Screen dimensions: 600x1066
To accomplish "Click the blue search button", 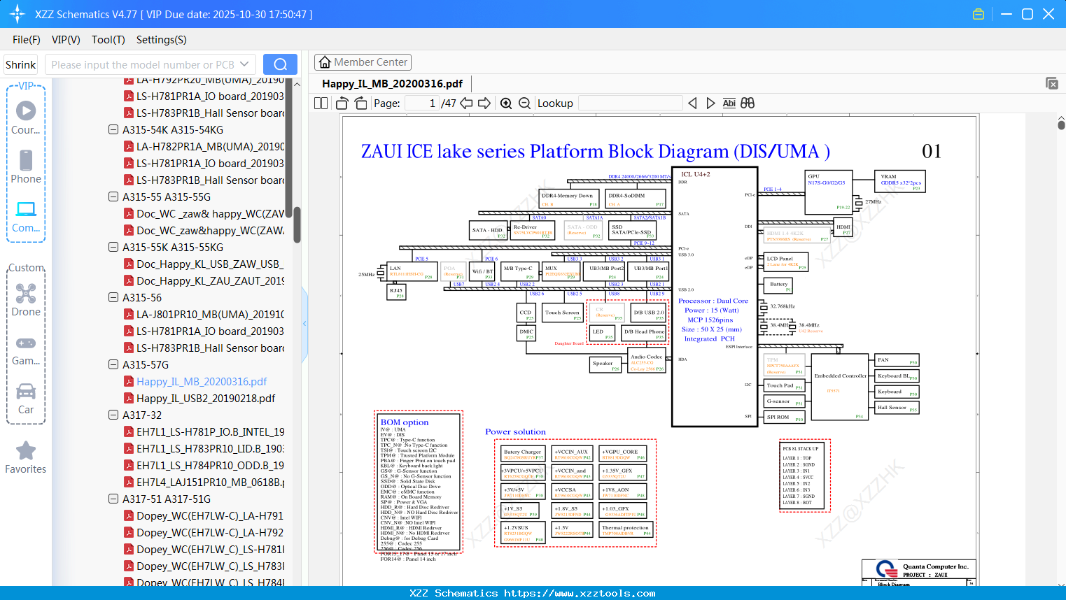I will pyautogui.click(x=280, y=64).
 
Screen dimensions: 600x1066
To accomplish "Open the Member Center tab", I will pyautogui.click(x=363, y=62).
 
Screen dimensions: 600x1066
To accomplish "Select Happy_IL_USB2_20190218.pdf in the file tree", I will pyautogui.click(x=205, y=398).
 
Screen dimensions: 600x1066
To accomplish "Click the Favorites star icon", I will pyautogui.click(x=26, y=451).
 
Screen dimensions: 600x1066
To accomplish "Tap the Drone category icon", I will pyautogui.click(x=26, y=294).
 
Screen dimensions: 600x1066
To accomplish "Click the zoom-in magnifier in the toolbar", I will pyautogui.click(x=506, y=103).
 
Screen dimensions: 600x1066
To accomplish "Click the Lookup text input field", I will pyautogui.click(x=630, y=103).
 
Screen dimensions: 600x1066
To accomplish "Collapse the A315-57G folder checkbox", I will pyautogui.click(x=113, y=364).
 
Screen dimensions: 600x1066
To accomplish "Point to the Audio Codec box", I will pyautogui.click(x=646, y=362).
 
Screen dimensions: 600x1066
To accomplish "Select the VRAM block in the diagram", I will pyautogui.click(x=900, y=181).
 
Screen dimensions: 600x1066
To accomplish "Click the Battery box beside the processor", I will pyautogui.click(x=779, y=285).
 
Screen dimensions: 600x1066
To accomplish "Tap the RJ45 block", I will pyautogui.click(x=397, y=292).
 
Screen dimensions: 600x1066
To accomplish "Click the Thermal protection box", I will pyautogui.click(x=626, y=530).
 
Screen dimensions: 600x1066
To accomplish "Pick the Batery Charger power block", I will pyautogui.click(x=523, y=454).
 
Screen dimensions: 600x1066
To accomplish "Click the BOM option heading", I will pyautogui.click(x=405, y=422).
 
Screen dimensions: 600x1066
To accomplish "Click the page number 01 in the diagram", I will pyautogui.click(x=931, y=151).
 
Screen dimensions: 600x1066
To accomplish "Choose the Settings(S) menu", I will pyautogui.click(x=161, y=40).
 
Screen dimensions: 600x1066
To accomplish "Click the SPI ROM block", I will pyautogui.click(x=784, y=417).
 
